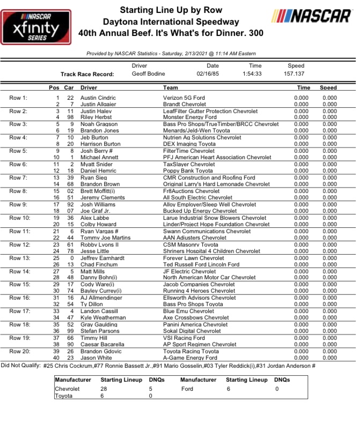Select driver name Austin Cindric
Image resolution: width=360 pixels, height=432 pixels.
point(95,98)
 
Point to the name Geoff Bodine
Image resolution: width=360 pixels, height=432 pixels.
point(149,74)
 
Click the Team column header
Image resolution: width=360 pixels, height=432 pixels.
point(170,87)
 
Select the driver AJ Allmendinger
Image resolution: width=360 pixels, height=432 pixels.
point(100,297)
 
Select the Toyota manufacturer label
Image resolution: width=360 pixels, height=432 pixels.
point(64,396)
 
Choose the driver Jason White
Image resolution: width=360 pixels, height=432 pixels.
point(94,357)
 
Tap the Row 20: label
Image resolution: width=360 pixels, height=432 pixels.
point(20,351)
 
